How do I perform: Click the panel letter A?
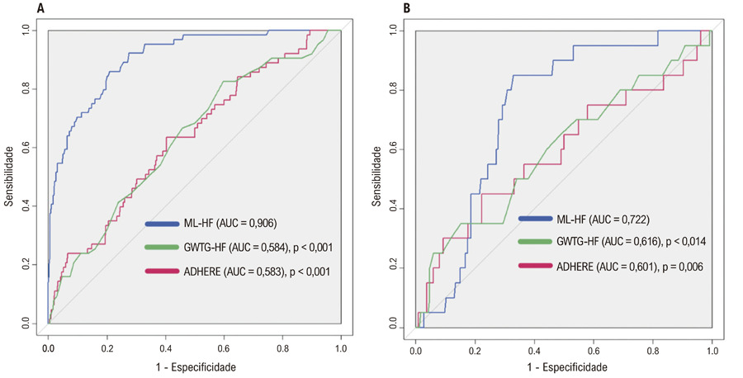(x=40, y=8)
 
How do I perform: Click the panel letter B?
(x=406, y=8)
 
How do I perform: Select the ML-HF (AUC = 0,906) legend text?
(x=230, y=223)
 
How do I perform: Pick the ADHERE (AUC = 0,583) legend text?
(x=234, y=272)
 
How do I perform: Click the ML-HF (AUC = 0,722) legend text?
(x=603, y=219)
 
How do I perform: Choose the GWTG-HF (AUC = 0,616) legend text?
(x=609, y=242)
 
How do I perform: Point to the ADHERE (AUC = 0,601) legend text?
(x=607, y=267)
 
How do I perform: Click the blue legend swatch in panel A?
(x=162, y=223)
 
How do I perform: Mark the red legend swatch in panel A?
(x=162, y=272)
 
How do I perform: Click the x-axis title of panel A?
(x=196, y=367)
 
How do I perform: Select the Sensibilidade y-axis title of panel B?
(x=376, y=176)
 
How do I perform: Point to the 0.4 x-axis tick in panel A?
(x=165, y=348)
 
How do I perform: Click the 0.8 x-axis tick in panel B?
(x=653, y=351)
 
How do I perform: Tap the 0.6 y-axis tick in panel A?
(x=26, y=147)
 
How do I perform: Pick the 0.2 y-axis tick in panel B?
(x=393, y=267)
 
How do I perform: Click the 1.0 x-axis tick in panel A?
(x=341, y=348)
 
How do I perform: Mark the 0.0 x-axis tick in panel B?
(x=415, y=351)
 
